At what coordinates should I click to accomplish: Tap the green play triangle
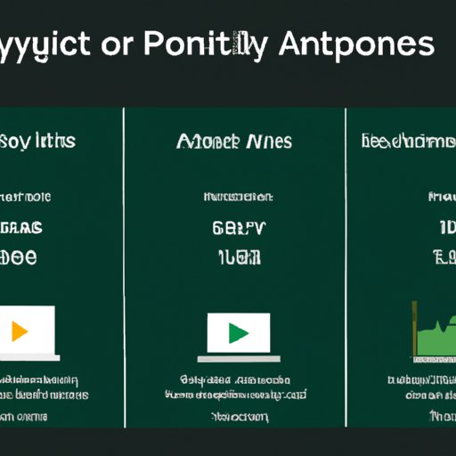click(x=238, y=333)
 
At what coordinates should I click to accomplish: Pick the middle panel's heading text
click(x=234, y=141)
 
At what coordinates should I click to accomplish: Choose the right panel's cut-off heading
click(x=409, y=141)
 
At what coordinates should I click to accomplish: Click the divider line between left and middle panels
click(x=124, y=267)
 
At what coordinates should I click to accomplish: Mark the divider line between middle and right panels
click(x=345, y=267)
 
